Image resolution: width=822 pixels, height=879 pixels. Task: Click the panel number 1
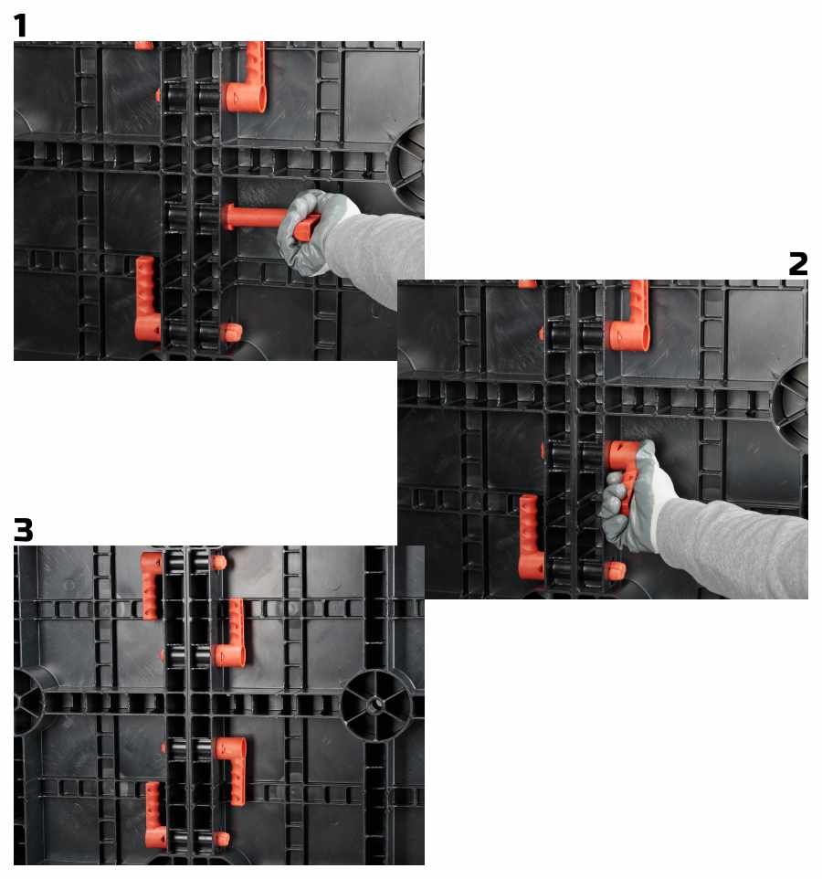pyautogui.click(x=20, y=26)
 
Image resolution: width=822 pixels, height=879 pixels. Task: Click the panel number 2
pyautogui.click(x=798, y=263)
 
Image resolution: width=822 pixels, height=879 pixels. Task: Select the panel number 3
pyautogui.click(x=23, y=530)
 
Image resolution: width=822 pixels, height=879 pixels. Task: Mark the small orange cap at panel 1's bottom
pyautogui.click(x=231, y=333)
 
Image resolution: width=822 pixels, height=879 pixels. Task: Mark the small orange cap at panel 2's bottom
pyautogui.click(x=615, y=571)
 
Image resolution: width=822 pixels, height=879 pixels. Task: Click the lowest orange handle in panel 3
pyautogui.click(x=154, y=815)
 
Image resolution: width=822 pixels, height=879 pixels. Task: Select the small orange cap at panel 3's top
pyautogui.click(x=218, y=562)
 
